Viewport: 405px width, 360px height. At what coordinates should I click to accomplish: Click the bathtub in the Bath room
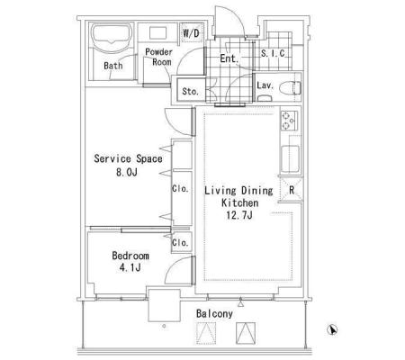[x=112, y=38]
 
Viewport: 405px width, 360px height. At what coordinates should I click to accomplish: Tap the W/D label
[x=191, y=32]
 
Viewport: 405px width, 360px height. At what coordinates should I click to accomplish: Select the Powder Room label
[x=159, y=57]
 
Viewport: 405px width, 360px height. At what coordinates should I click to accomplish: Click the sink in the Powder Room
[x=157, y=32]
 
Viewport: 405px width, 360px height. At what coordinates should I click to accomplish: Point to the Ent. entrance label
[x=229, y=58]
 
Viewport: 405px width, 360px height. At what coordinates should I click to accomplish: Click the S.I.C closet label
[x=273, y=53]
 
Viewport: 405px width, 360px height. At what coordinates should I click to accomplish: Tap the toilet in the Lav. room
[x=290, y=88]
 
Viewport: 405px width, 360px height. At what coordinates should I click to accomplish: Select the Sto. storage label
[x=190, y=91]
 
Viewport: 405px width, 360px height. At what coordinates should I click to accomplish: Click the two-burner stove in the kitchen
[x=289, y=121]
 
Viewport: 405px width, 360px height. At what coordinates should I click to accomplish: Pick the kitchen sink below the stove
[x=291, y=158]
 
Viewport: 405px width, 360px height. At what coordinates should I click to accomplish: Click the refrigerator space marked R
[x=291, y=190]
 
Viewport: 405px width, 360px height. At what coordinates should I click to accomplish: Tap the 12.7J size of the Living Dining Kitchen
[x=239, y=215]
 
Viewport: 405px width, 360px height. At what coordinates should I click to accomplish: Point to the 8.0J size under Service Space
[x=127, y=172]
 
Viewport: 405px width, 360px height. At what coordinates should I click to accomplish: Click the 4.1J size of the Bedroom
[x=130, y=267]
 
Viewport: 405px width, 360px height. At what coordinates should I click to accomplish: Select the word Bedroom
[x=130, y=256]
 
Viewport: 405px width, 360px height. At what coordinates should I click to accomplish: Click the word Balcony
[x=214, y=314]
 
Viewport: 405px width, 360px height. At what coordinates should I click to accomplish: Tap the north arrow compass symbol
[x=332, y=329]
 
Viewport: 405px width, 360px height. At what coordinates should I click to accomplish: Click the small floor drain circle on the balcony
[x=164, y=326]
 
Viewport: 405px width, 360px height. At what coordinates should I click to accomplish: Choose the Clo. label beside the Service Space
[x=180, y=189]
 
